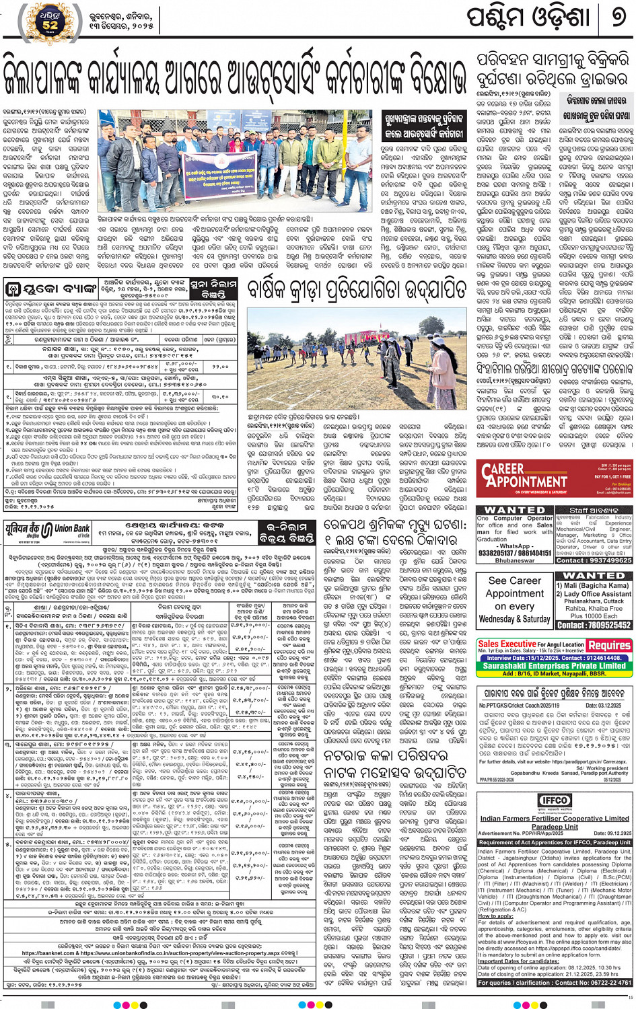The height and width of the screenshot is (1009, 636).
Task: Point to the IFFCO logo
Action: click(555, 800)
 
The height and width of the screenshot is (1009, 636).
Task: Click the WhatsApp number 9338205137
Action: click(497, 554)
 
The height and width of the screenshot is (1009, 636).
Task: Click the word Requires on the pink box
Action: click(608, 645)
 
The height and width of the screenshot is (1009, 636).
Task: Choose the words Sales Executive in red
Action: click(507, 644)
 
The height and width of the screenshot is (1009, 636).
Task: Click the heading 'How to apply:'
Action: click(497, 916)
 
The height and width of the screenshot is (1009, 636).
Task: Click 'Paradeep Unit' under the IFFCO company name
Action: click(555, 827)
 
